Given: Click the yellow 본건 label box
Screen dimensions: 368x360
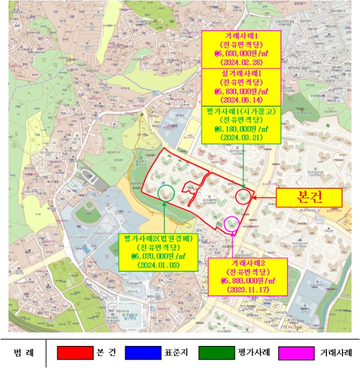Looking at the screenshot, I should coord(309,198).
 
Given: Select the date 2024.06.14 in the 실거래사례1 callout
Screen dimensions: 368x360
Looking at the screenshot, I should coord(242,99).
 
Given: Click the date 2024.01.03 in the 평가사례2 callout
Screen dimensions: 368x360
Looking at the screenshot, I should coord(158,265).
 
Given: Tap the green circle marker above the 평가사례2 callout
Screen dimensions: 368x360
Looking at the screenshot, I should coord(166,192).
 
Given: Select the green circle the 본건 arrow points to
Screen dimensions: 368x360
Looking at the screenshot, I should coord(243,197).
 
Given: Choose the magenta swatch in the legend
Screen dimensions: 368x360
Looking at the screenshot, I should coord(297,352).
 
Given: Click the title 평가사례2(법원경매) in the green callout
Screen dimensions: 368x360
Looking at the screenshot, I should coord(158,238).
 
